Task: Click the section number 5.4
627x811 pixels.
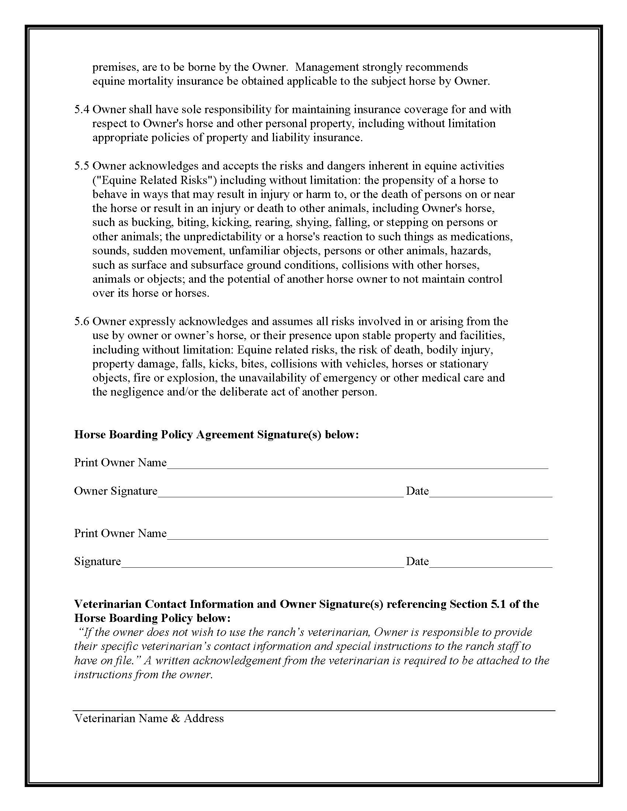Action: click(x=82, y=109)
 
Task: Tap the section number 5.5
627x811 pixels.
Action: click(x=82, y=166)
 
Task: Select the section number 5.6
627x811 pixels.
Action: click(x=82, y=321)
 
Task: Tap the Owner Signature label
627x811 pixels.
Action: click(x=115, y=491)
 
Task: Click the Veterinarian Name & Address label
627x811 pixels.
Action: click(x=149, y=718)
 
